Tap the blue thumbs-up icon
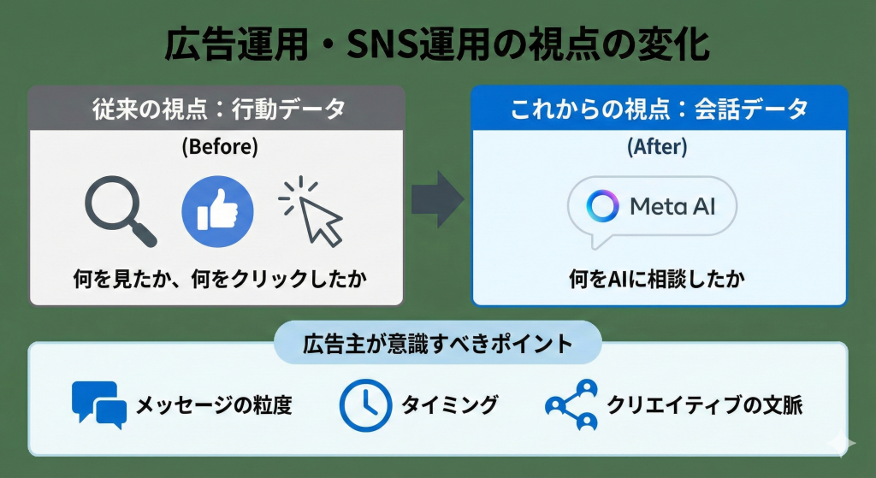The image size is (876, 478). [x=217, y=212]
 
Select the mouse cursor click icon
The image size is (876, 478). [x=311, y=212]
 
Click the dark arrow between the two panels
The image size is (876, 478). [x=438, y=199]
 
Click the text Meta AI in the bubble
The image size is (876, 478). [x=672, y=207]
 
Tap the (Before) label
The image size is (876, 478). [x=220, y=147]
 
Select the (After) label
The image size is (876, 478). [x=657, y=147]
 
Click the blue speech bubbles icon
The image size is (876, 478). [x=99, y=404]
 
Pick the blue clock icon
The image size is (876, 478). [x=365, y=405]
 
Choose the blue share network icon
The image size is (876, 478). [x=572, y=405]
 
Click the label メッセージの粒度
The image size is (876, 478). [x=214, y=404]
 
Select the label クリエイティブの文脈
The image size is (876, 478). [x=705, y=404]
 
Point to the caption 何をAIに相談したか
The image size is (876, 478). [x=657, y=278]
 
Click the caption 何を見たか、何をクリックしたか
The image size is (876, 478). [x=220, y=278]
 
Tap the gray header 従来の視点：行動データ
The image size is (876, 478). [x=219, y=109]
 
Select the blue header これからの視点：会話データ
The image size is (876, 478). [x=660, y=109]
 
